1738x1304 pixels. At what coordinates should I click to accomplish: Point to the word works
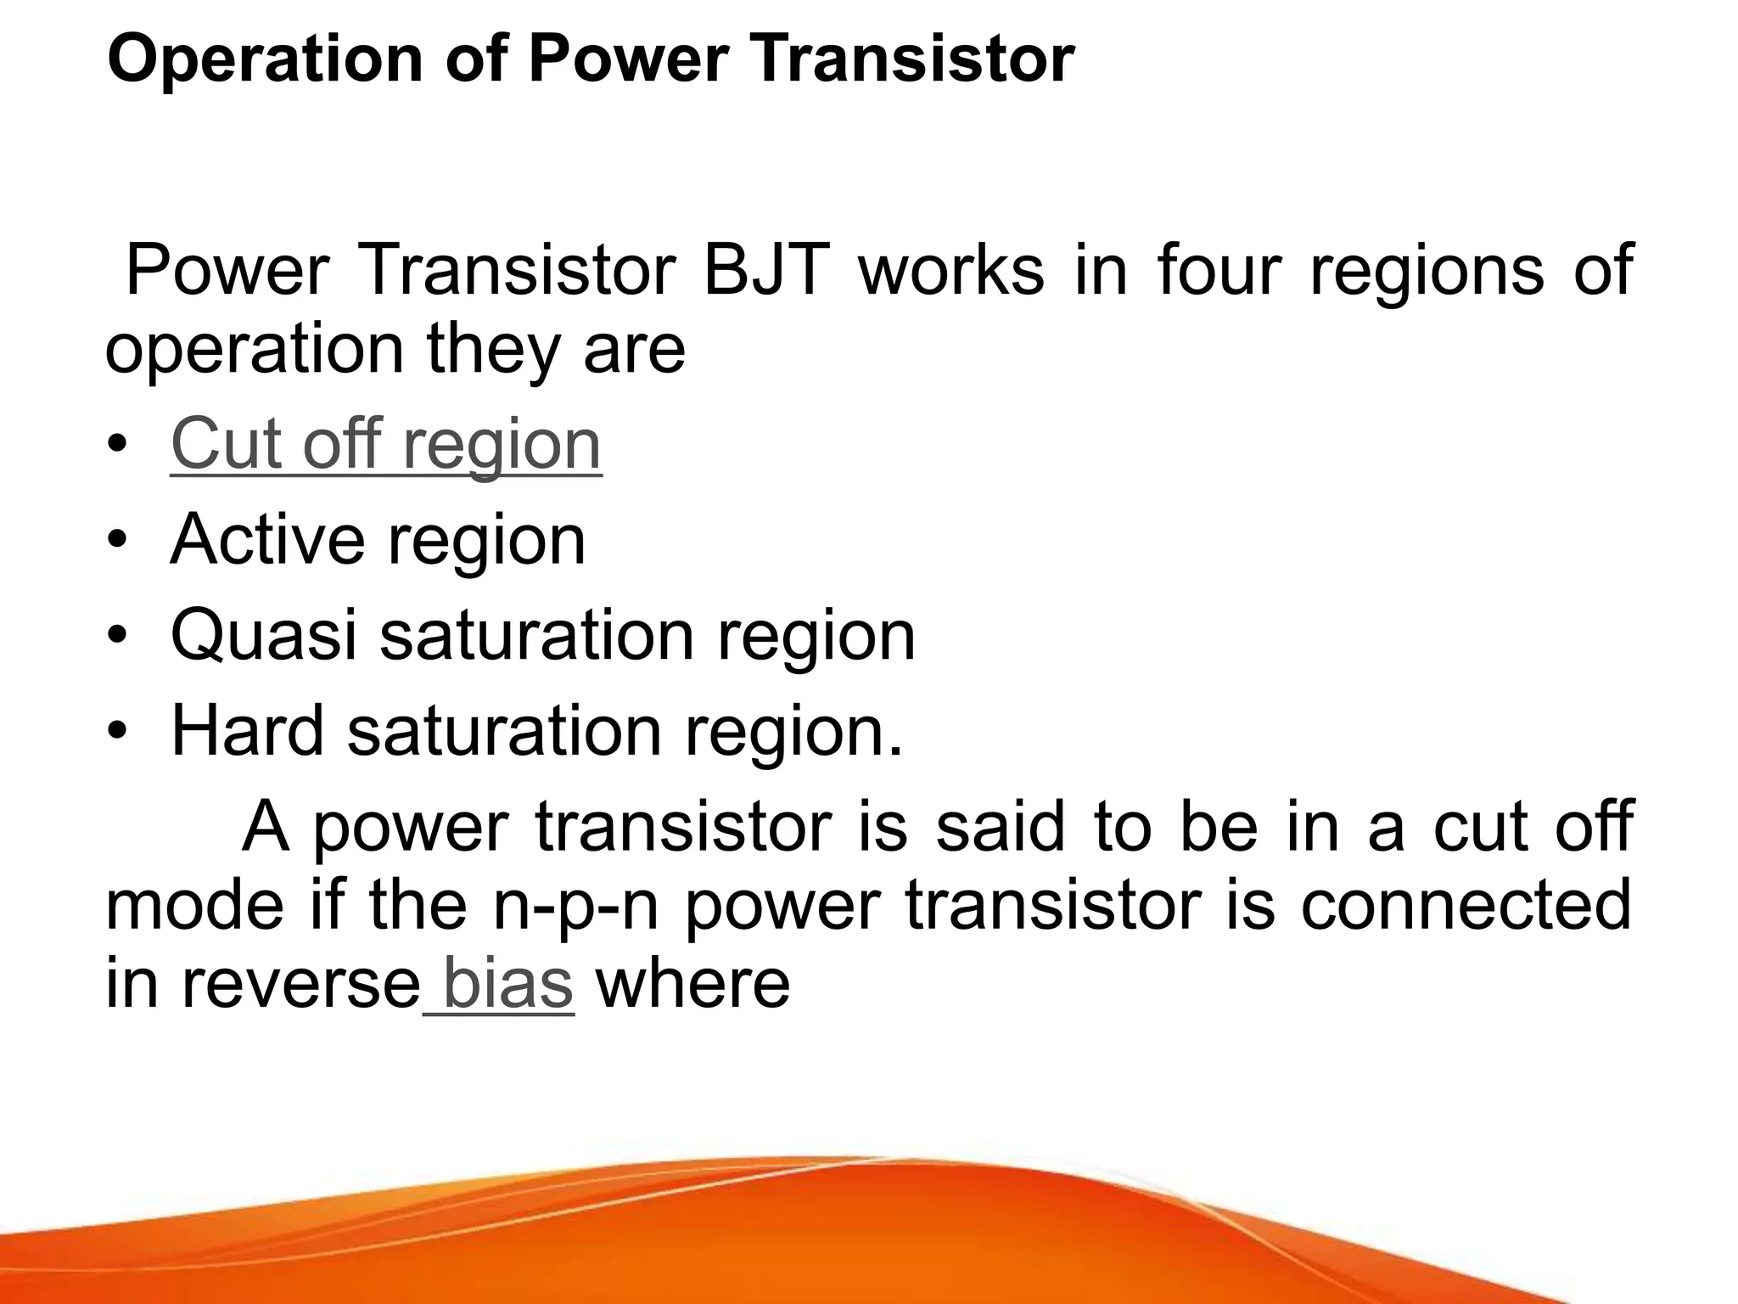click(x=951, y=270)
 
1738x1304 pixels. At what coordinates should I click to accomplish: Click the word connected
click(x=1466, y=905)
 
